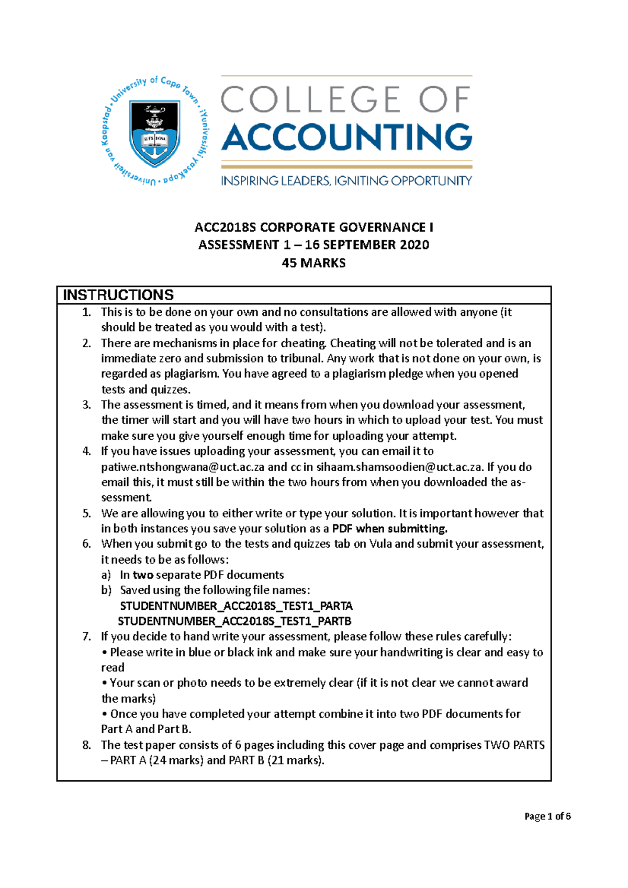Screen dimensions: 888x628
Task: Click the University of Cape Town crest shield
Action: click(x=155, y=132)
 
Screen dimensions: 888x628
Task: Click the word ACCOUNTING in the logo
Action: click(x=347, y=137)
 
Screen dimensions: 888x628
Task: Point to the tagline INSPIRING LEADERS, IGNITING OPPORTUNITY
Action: click(x=346, y=181)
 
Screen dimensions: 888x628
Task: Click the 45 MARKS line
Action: click(x=313, y=263)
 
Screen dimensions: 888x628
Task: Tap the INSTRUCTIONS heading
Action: click(x=118, y=295)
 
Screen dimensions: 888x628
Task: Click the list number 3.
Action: click(x=86, y=405)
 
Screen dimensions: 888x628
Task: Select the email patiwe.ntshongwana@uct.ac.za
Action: click(x=183, y=467)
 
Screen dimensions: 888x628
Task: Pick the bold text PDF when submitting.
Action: click(x=390, y=529)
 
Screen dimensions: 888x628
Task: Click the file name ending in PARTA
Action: click(x=236, y=606)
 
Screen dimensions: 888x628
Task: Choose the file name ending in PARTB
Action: click(x=234, y=621)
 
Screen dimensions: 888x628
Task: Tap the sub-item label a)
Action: click(x=106, y=575)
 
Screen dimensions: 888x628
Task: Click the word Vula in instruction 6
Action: click(x=380, y=544)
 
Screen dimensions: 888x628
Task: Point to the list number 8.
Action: click(x=86, y=745)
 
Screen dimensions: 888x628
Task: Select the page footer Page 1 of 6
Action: click(x=547, y=816)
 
